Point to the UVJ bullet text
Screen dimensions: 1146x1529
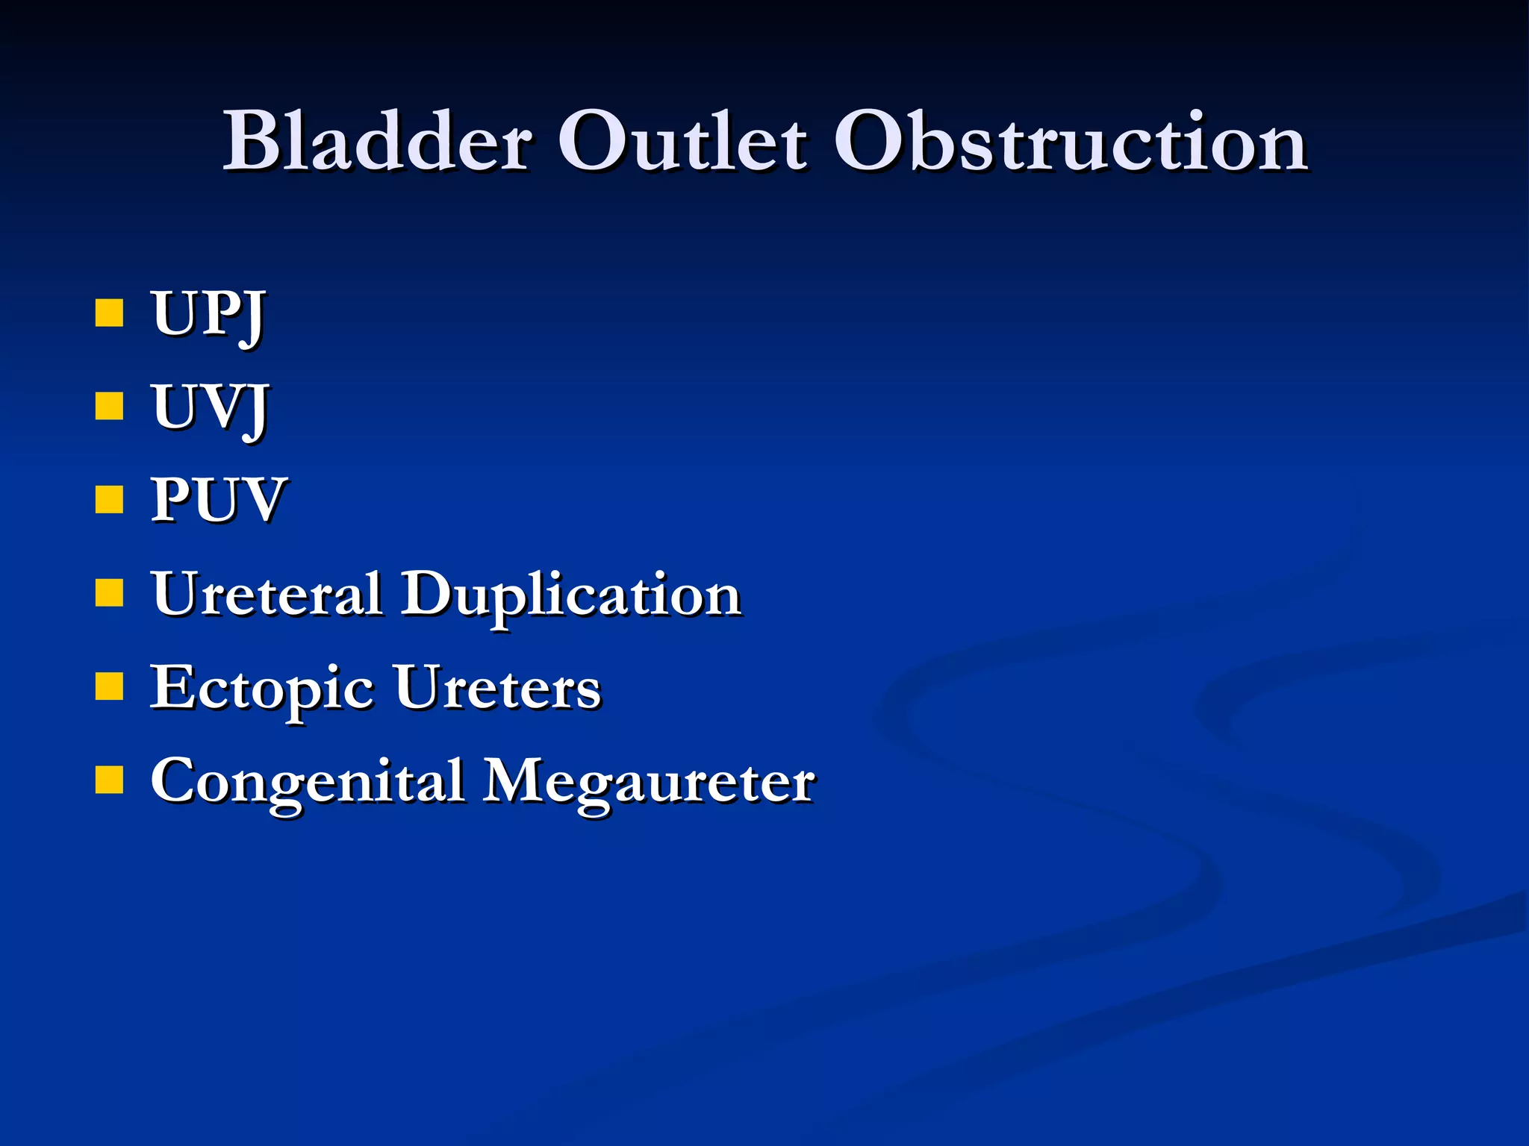(x=210, y=408)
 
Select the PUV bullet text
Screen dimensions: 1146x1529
(x=217, y=501)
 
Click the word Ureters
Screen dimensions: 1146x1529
(x=497, y=688)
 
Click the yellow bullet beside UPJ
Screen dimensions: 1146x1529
(x=109, y=313)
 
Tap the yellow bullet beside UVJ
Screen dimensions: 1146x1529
(x=109, y=407)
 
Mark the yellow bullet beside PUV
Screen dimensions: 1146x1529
(x=109, y=500)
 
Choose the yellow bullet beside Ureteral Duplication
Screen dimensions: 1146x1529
(x=109, y=593)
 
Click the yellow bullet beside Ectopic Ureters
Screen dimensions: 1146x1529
(x=109, y=686)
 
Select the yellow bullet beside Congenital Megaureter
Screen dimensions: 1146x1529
(x=109, y=780)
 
